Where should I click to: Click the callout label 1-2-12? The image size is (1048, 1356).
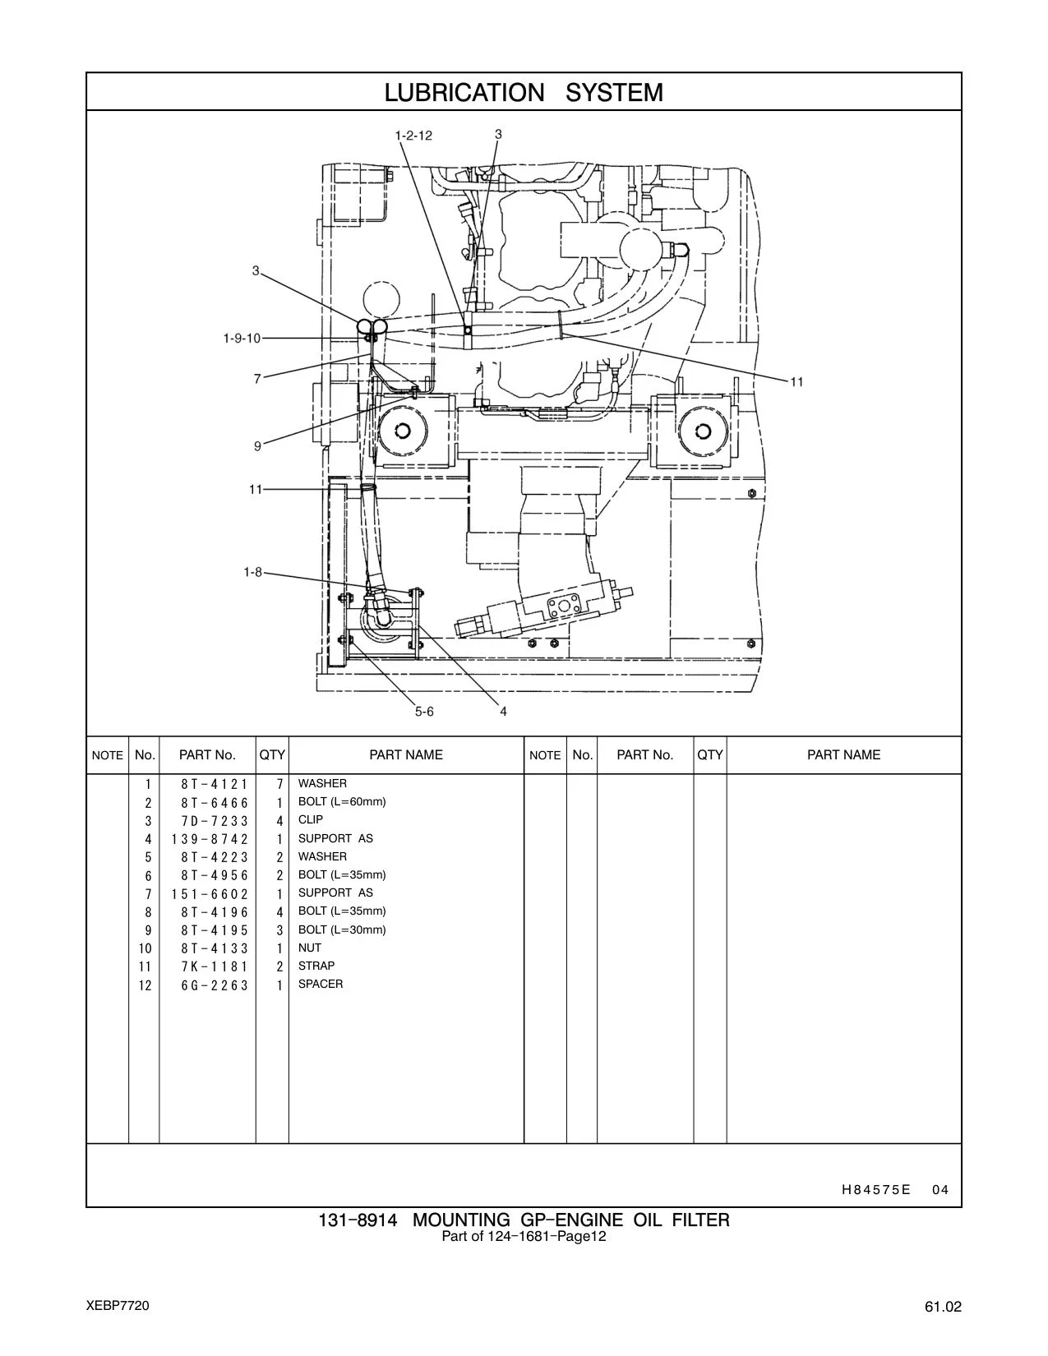[x=413, y=136]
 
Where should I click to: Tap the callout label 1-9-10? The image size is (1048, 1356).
[x=242, y=339]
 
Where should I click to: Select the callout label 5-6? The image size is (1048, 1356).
[x=424, y=712]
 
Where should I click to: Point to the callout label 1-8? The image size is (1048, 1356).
[x=253, y=572]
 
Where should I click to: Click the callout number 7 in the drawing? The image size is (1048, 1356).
[x=257, y=379]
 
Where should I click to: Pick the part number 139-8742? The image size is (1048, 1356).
[x=210, y=839]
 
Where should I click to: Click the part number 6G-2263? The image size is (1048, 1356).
[x=215, y=985]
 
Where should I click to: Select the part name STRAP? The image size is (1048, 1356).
[x=316, y=966]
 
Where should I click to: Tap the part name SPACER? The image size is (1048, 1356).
[x=321, y=984]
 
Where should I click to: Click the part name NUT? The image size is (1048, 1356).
[x=310, y=948]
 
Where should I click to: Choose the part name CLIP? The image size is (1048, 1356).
[x=311, y=819]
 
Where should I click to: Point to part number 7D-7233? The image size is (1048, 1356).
[x=215, y=821]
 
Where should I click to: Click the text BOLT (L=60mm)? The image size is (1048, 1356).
[x=342, y=802]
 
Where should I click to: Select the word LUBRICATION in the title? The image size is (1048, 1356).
[x=464, y=92]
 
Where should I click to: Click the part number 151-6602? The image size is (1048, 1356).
[x=210, y=894]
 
